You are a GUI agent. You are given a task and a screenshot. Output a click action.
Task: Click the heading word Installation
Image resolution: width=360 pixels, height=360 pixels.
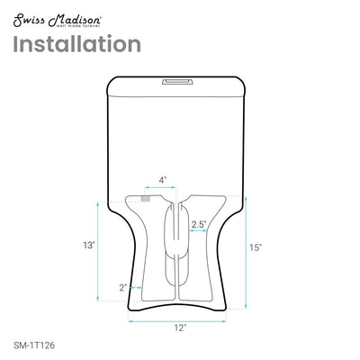(x=76, y=43)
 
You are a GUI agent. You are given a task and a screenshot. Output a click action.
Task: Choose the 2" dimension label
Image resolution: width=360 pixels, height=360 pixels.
(x=121, y=287)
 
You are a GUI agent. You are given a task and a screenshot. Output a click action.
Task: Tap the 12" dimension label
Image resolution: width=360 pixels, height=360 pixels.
(x=180, y=328)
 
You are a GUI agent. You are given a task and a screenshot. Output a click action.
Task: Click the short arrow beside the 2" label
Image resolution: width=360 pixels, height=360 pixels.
(x=130, y=287)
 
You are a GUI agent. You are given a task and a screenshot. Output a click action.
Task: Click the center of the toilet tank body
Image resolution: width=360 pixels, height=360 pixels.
(x=178, y=135)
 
